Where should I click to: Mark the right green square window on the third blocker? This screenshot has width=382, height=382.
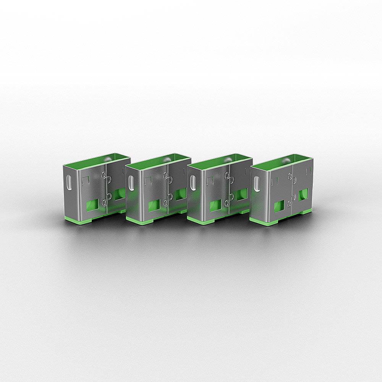tap(242, 194)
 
